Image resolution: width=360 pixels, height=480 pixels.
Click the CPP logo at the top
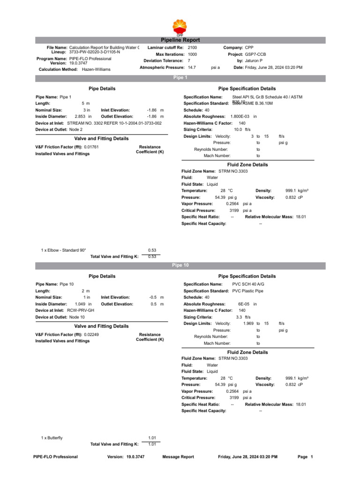point(180,27)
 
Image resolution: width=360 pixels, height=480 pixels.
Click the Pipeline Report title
point(180,40)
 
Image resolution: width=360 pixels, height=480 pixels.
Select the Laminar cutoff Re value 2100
point(192,48)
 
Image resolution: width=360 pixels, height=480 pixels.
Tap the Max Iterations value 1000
point(192,54)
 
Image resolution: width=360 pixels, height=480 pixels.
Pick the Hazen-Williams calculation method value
point(96,69)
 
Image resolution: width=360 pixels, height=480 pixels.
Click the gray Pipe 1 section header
point(180,77)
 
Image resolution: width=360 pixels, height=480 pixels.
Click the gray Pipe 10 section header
point(180,265)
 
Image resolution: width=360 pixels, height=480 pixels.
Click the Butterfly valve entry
point(52,438)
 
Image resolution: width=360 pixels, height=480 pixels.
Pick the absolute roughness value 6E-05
point(244,304)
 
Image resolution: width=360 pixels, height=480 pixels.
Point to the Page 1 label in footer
point(305,457)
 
